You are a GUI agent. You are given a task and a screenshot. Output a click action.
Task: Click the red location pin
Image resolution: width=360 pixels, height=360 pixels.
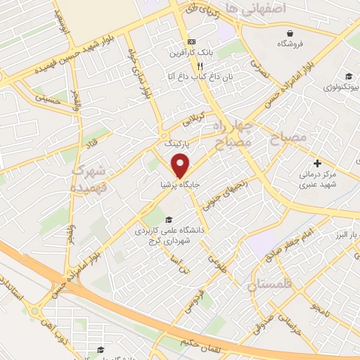[x=181, y=165]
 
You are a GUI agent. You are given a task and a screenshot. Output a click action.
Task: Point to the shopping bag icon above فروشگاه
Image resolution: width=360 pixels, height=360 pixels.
[x=290, y=32]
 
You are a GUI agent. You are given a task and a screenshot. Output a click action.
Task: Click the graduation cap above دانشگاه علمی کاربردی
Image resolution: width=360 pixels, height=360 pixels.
[x=167, y=219]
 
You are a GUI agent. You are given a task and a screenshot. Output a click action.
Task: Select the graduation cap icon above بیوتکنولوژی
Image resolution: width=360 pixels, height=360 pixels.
[x=347, y=77]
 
